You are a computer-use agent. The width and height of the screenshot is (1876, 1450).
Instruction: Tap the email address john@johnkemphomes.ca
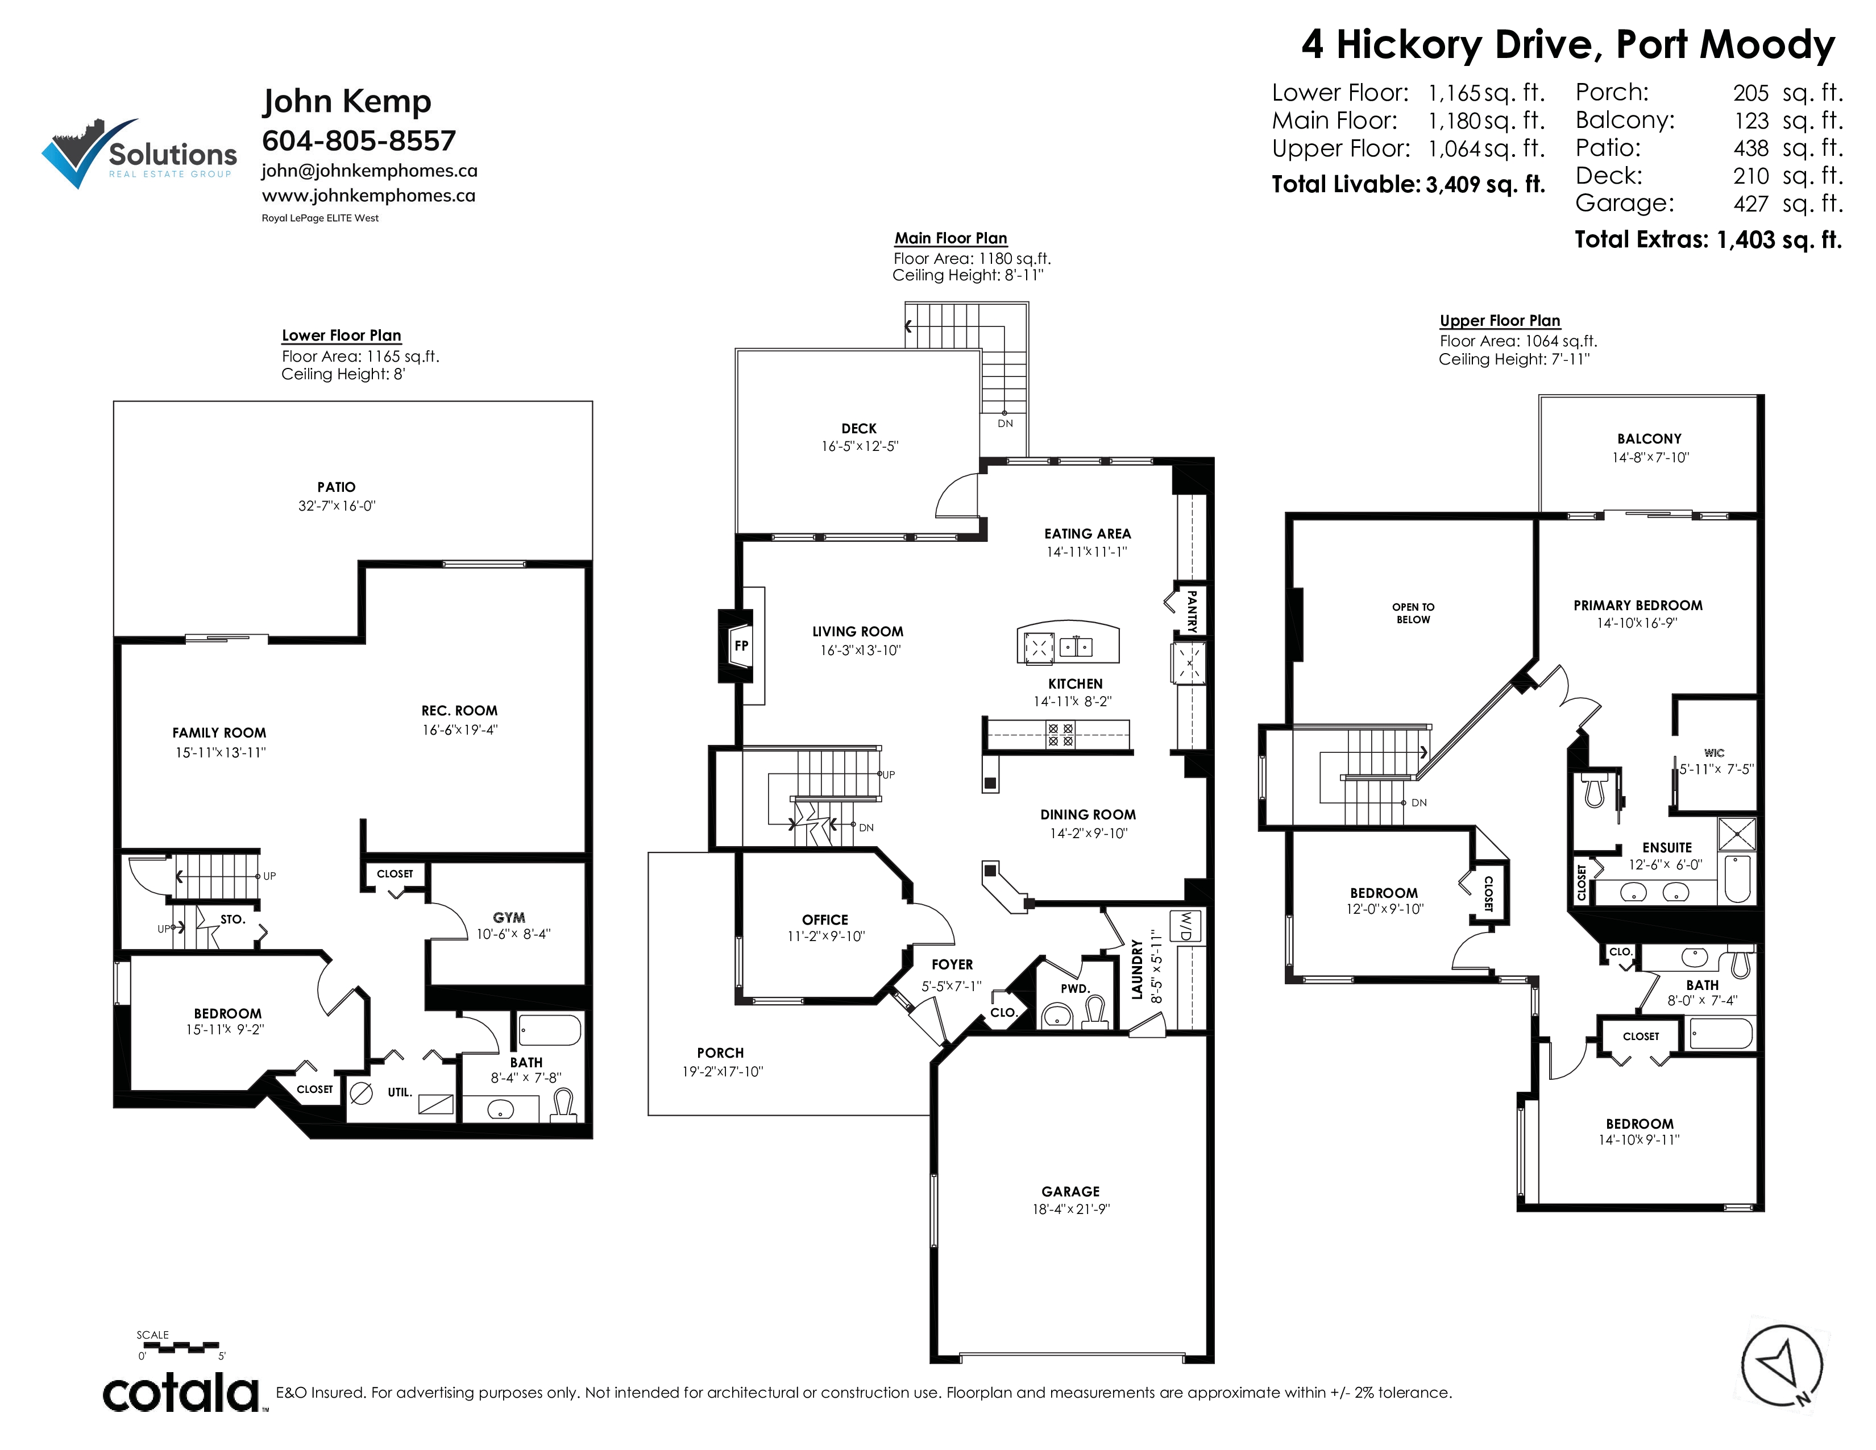pos(370,171)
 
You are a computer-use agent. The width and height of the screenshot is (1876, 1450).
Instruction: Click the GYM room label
pos(509,917)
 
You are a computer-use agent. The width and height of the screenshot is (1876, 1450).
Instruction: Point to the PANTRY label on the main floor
pos(1192,611)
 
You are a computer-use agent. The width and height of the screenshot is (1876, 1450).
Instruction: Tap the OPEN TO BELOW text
pos(1413,614)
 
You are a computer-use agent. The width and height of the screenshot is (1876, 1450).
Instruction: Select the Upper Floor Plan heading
pos(1500,320)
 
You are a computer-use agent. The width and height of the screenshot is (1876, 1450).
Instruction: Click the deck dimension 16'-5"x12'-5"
pos(860,447)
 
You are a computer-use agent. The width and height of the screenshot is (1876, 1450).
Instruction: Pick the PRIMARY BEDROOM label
pos(1638,606)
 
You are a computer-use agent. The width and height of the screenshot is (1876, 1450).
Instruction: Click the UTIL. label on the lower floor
pos(400,1093)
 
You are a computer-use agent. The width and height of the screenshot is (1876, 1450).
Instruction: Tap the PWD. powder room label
pos(1074,989)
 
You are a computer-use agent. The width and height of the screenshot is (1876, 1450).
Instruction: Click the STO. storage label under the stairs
pos(233,919)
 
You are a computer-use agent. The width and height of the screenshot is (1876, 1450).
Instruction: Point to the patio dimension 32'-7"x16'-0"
pos(337,506)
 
